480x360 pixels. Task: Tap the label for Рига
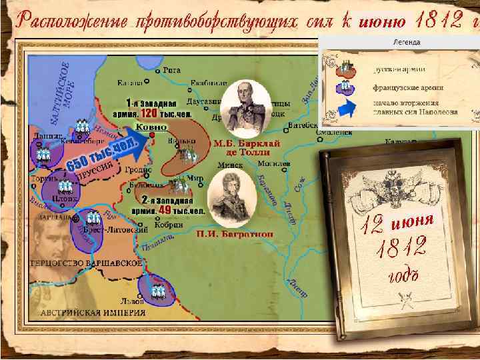[x=171, y=69]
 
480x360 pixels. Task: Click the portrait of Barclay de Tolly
[x=242, y=108]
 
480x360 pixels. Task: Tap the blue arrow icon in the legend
[x=345, y=109]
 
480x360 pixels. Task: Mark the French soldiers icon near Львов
[x=157, y=290]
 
